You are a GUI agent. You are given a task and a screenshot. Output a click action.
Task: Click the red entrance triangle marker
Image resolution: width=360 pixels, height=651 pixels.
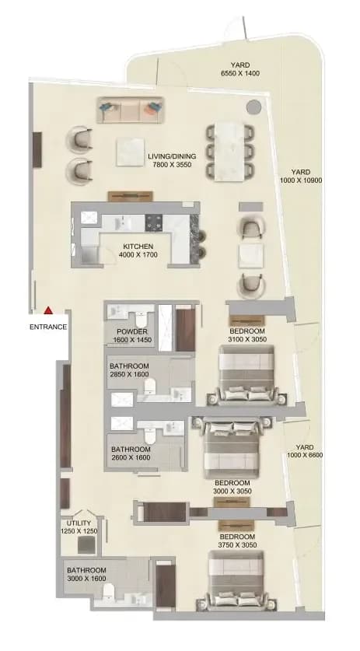click(x=48, y=310)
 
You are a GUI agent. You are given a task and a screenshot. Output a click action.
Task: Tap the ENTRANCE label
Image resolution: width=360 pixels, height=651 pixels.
click(x=48, y=327)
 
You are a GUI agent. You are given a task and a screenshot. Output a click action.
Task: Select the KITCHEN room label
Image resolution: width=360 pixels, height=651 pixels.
click(x=138, y=247)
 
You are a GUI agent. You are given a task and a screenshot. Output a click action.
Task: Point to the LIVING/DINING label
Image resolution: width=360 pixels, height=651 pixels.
click(x=172, y=156)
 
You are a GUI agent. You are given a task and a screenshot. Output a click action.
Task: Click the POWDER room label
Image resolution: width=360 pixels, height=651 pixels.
click(x=132, y=331)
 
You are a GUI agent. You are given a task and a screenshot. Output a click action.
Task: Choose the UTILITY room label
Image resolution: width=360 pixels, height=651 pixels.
click(x=75, y=523)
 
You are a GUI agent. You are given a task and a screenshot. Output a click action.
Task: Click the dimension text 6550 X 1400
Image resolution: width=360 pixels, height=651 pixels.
click(x=240, y=73)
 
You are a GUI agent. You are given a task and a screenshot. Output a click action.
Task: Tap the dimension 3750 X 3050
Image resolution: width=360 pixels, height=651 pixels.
click(x=236, y=545)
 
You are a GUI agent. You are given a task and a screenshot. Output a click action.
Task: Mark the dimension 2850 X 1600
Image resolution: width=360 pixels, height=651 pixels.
click(x=129, y=374)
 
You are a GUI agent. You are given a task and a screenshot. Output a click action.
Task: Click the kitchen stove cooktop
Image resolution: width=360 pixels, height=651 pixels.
click(x=154, y=223)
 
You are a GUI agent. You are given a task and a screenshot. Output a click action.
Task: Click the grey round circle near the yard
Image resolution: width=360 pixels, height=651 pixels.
click(x=253, y=107)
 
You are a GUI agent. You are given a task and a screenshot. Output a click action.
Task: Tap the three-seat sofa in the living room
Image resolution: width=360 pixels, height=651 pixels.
click(x=131, y=110)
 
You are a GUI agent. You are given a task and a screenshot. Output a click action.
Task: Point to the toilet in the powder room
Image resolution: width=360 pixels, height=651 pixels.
click(x=141, y=319)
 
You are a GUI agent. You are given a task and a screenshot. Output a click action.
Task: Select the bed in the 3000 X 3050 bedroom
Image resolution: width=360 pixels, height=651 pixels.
click(x=231, y=447)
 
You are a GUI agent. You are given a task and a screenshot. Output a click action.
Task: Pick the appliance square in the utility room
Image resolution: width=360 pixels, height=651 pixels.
click(x=86, y=544)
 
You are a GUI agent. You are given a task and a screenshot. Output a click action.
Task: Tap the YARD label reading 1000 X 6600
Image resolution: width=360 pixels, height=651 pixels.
click(x=305, y=451)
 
